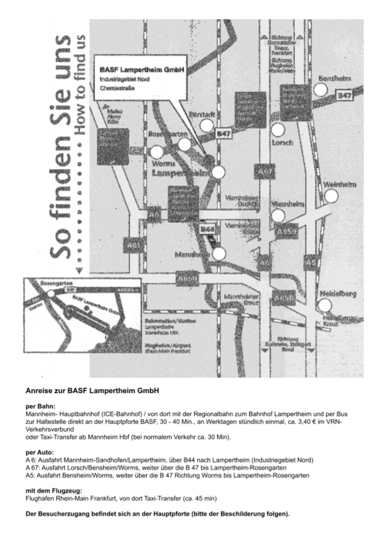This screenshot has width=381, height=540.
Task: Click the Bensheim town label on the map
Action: pos(335,79)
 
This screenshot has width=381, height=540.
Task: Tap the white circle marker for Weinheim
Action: pos(331,196)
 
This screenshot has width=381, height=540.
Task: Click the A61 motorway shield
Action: pos(132,245)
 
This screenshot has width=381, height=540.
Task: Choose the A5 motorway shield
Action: pos(311,262)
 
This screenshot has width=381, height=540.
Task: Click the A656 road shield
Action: pos(284,298)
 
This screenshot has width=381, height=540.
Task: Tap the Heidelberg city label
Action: pos(338,293)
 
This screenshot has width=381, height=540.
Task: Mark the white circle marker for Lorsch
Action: pos(278,130)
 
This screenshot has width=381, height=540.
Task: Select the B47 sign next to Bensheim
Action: pos(345,96)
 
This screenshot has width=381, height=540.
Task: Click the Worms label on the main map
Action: pos(164,164)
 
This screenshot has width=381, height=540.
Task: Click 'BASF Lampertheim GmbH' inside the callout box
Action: pos(142,70)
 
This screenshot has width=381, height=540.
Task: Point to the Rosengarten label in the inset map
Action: pos(56,283)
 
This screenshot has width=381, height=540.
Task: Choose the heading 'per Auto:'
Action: pos(40,452)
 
